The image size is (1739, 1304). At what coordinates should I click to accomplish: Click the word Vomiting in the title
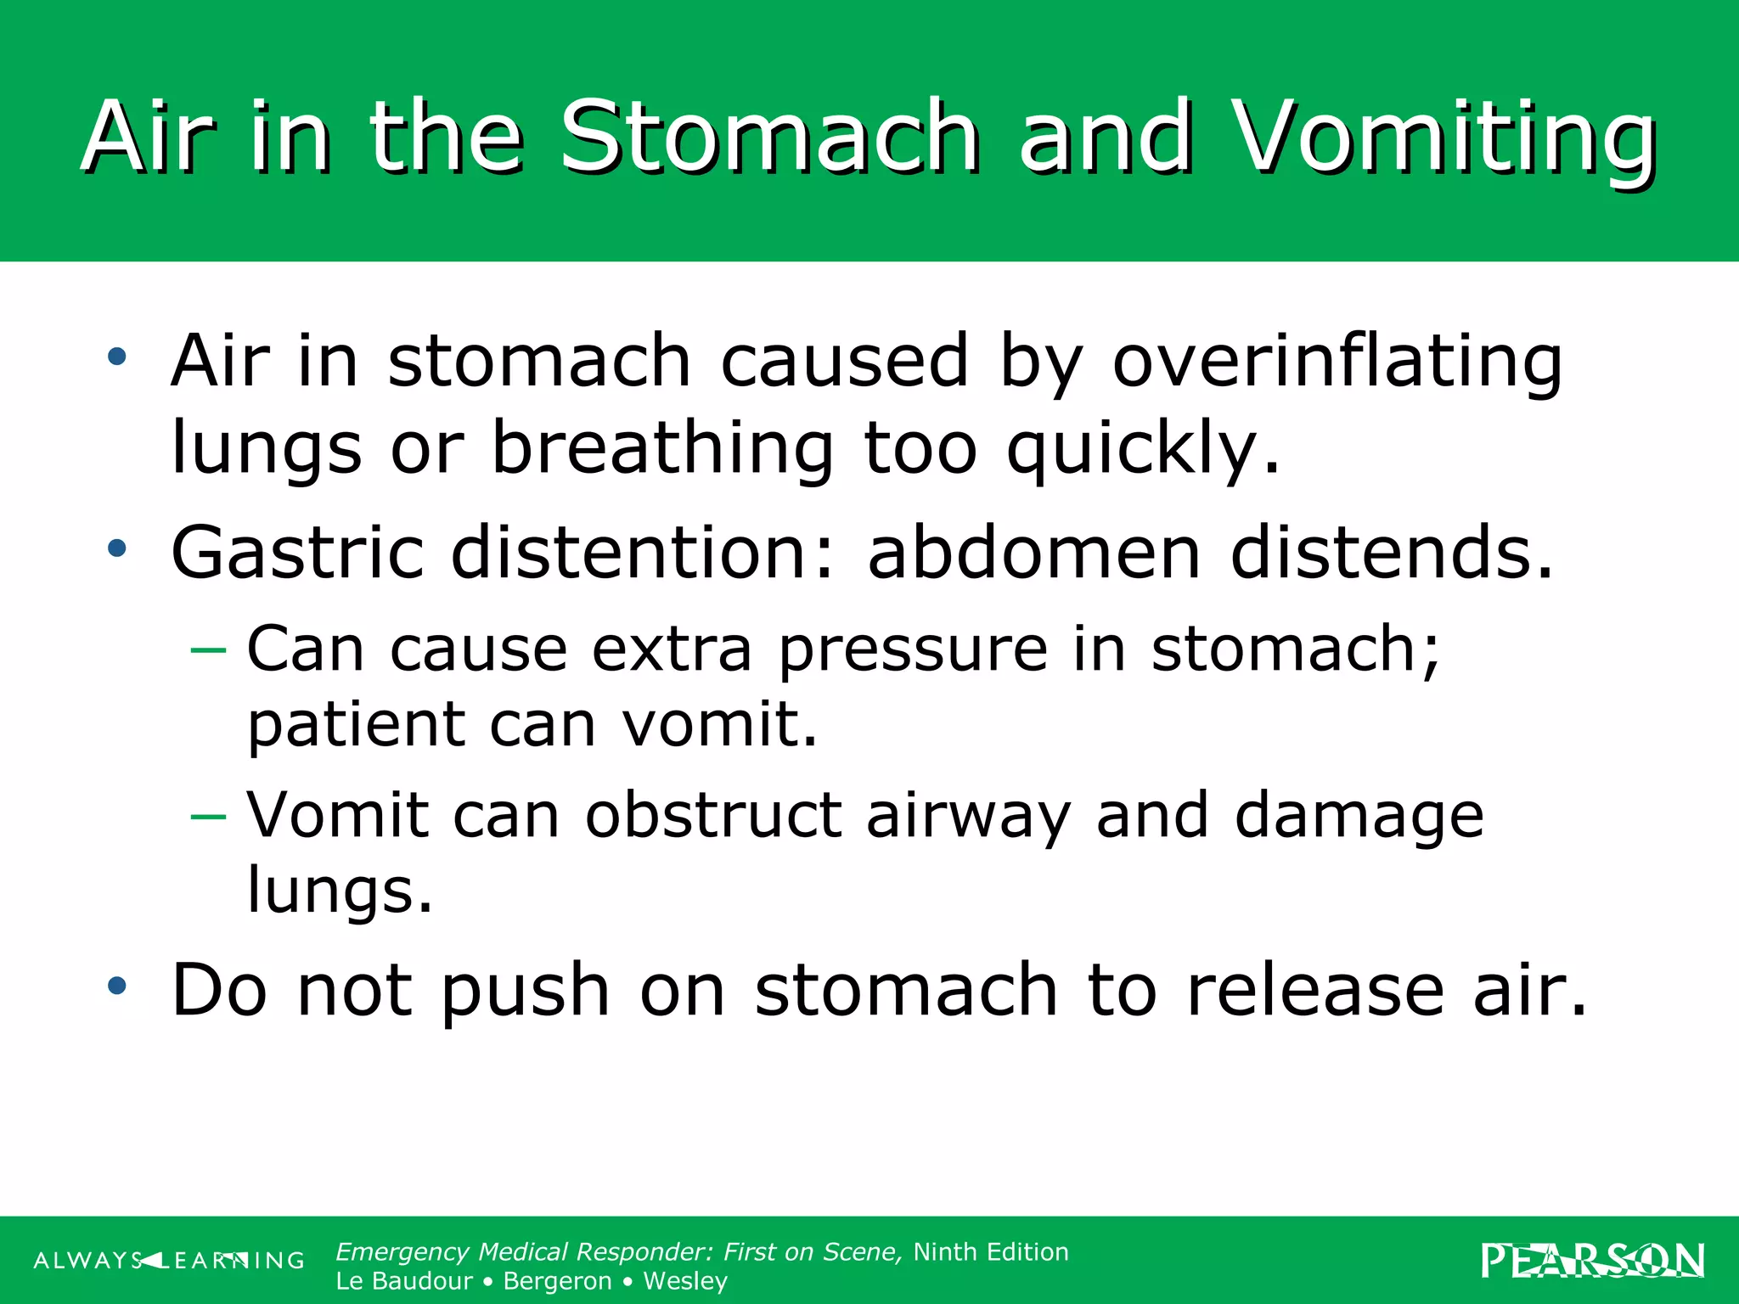click(1444, 138)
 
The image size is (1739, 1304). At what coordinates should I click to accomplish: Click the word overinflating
click(1337, 362)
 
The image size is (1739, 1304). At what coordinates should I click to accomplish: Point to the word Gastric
click(296, 553)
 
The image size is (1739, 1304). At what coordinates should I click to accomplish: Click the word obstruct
click(713, 816)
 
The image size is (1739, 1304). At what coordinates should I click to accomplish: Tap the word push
click(525, 992)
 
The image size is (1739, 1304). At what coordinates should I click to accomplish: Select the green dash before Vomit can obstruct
click(208, 817)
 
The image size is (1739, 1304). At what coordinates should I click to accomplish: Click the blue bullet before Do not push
click(117, 986)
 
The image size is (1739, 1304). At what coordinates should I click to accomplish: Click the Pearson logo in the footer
click(1592, 1261)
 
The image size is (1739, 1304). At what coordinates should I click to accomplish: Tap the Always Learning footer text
click(169, 1261)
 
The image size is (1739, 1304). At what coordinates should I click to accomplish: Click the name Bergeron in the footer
click(557, 1281)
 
